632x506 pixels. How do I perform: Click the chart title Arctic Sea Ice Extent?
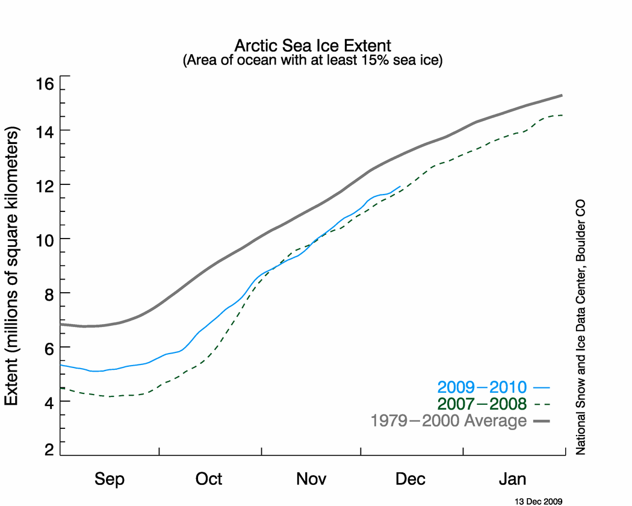(312, 46)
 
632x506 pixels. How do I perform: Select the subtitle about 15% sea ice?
(312, 61)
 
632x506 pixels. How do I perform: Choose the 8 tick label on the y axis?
(48, 293)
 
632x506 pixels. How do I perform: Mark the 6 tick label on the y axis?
(48, 347)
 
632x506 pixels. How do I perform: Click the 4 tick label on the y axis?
(48, 401)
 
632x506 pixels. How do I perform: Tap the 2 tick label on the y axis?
(48, 449)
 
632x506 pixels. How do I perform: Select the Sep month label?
(110, 479)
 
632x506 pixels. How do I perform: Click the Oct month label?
(209, 479)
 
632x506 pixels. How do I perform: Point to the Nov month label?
(311, 479)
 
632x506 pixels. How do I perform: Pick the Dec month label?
(410, 479)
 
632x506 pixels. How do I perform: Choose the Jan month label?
(513, 479)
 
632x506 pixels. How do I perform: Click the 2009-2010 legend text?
(482, 387)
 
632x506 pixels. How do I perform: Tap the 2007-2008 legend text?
(482, 404)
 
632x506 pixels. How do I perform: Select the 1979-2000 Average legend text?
(448, 421)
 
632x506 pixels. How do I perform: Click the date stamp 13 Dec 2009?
(539, 501)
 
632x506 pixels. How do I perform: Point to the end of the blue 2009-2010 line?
(400, 187)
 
